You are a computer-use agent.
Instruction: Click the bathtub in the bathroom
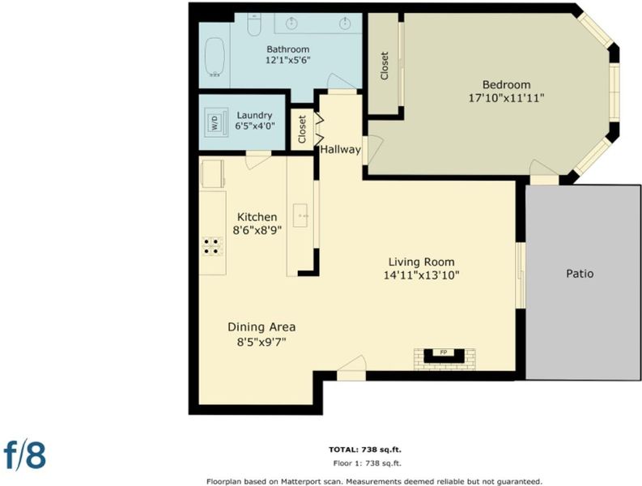pos(215,57)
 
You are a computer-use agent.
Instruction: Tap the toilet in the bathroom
pos(254,24)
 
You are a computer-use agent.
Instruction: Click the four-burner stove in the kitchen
pos(213,246)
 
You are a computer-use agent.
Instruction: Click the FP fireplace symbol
pos(444,356)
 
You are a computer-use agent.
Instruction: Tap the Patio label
pos(580,273)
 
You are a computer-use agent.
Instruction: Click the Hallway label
pos(340,150)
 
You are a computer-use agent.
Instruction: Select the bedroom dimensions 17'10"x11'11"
pos(507,98)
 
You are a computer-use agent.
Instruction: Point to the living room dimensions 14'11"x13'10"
pos(421,275)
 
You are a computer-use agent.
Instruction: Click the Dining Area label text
pos(261,327)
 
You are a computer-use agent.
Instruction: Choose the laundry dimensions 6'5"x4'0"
pos(255,126)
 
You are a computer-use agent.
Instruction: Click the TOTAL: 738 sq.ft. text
pos(365,450)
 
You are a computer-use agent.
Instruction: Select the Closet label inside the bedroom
pos(384,66)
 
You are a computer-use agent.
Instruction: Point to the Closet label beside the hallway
pos(302,129)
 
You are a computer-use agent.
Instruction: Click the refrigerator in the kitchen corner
pos(213,174)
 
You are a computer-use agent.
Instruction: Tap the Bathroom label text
pos(288,49)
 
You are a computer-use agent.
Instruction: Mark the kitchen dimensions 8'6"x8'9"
pos(257,230)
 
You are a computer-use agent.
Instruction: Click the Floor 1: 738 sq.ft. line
pos(368,463)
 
